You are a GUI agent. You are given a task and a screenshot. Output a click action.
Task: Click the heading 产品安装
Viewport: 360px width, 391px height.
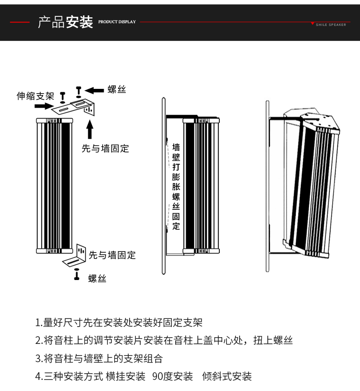coord(65,22)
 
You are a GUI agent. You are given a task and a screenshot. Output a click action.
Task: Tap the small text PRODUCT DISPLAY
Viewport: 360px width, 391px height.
coord(117,22)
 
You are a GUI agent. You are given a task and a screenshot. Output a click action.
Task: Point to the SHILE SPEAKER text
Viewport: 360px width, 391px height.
coord(331,24)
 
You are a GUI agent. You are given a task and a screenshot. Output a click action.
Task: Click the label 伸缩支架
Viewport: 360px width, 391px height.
coord(36,96)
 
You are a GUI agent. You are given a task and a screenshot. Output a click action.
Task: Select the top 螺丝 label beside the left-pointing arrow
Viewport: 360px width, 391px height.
coord(117,89)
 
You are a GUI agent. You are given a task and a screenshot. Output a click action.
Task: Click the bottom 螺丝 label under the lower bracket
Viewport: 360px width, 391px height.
coord(97,279)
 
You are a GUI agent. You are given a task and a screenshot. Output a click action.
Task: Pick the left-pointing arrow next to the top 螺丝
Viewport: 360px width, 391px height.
coord(95,90)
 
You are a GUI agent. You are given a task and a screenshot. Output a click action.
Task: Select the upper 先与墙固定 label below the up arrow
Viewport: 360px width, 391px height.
coord(106,149)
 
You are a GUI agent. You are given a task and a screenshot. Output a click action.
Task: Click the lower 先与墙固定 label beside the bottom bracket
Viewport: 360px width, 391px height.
coord(112,255)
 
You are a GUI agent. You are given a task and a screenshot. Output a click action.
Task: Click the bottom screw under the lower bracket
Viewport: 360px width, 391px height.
coord(76,275)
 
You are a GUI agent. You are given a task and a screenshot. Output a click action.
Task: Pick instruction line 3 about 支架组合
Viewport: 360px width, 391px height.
coord(99,358)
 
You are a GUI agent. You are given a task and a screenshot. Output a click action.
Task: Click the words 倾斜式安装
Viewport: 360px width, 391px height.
coord(227,377)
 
